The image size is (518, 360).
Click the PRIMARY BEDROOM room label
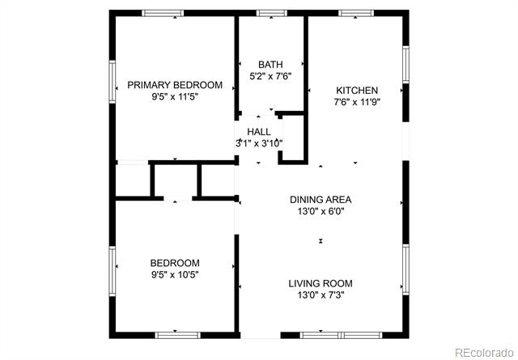(175, 85)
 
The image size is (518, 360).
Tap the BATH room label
(270, 65)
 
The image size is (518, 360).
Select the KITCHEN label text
(357, 90)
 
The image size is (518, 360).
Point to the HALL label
(259, 132)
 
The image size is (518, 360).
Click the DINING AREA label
(321, 200)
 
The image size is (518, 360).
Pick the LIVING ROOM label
(321, 283)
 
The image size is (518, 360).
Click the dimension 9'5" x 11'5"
(175, 97)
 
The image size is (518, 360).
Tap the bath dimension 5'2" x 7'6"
(270, 77)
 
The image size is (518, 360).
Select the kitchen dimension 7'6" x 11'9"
(357, 102)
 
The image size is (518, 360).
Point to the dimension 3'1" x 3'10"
(259, 144)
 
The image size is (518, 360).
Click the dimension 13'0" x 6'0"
(321, 211)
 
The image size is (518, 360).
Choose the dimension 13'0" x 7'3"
(321, 295)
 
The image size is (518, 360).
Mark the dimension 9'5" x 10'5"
(175, 274)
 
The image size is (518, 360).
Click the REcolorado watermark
(484, 353)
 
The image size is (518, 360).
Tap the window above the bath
(272, 13)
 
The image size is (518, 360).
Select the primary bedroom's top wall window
(163, 13)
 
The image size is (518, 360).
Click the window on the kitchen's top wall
(356, 13)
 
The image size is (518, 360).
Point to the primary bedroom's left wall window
(113, 82)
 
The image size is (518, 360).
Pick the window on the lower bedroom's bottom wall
(178, 335)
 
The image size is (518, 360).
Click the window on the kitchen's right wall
(405, 65)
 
